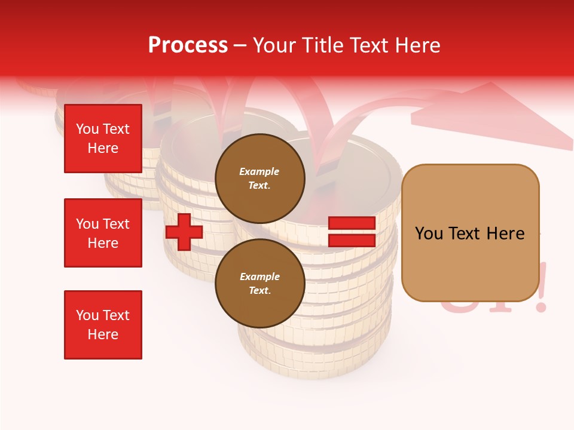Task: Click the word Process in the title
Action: click(x=188, y=45)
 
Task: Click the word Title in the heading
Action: click(x=321, y=45)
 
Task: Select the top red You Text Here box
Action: click(x=103, y=139)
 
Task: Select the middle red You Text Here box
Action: click(x=103, y=233)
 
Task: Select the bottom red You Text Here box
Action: click(x=103, y=325)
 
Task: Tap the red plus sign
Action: click(x=184, y=232)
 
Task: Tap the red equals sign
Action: click(x=352, y=232)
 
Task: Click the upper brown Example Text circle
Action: click(x=259, y=178)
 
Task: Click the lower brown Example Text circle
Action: click(x=259, y=283)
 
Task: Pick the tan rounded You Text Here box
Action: click(x=470, y=233)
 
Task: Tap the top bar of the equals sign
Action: click(x=352, y=223)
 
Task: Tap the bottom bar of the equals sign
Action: click(x=352, y=240)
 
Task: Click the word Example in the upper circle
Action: click(x=259, y=171)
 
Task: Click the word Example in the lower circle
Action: click(x=259, y=277)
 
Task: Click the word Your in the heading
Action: click(x=274, y=45)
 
